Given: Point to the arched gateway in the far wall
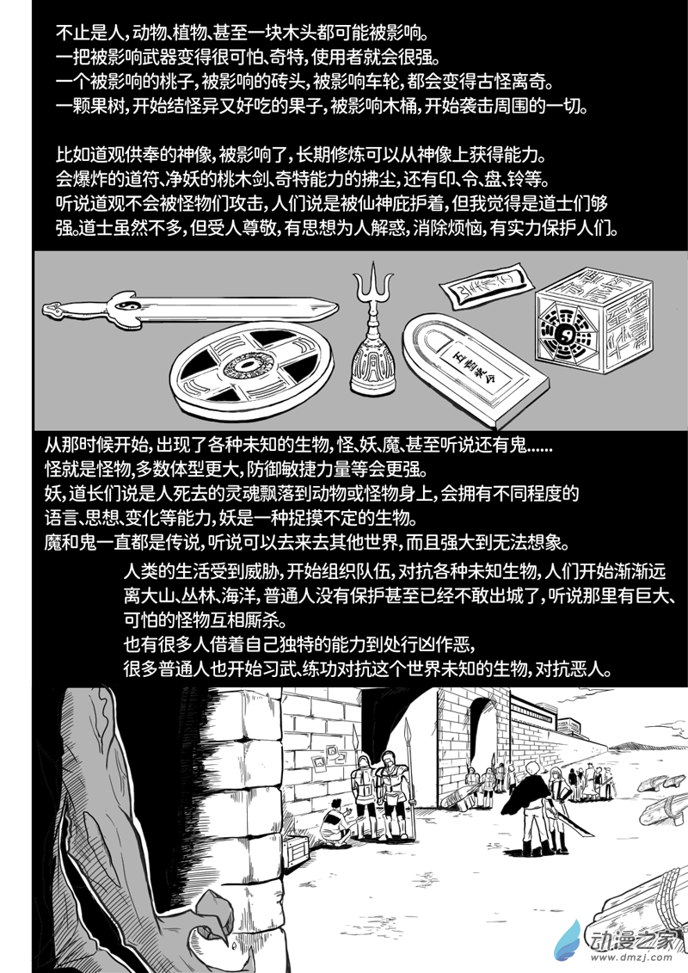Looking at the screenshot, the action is click(x=483, y=726).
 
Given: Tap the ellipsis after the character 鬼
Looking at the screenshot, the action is click(x=538, y=444).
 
